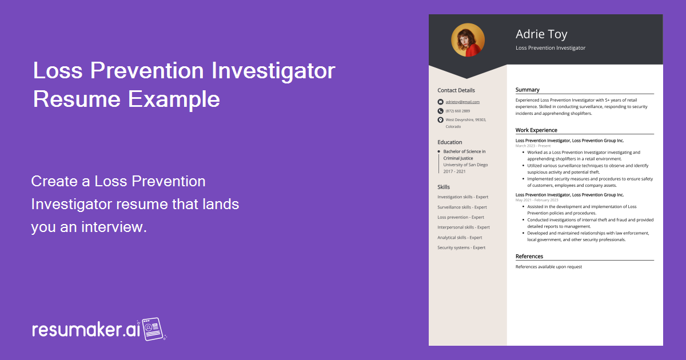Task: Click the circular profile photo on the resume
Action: tap(468, 40)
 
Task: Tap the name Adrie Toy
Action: tap(541, 34)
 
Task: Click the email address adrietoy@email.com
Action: tap(462, 102)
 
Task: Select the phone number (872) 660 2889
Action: tap(458, 111)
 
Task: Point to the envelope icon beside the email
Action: tap(440, 102)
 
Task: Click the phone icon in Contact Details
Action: tap(440, 111)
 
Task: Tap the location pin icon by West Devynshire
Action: tap(440, 120)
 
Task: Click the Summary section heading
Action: tap(527, 90)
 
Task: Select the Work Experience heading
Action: tap(536, 130)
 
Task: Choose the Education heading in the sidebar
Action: tap(450, 142)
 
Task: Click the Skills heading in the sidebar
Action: tap(444, 187)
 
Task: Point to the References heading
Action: tap(529, 257)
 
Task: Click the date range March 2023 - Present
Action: tap(533, 146)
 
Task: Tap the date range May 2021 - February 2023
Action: tap(537, 200)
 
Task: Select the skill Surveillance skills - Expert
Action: tap(462, 207)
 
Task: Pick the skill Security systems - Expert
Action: tap(461, 247)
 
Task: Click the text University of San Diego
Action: tap(465, 165)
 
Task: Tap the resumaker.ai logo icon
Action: tap(153, 329)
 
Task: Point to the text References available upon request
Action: tap(548, 267)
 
